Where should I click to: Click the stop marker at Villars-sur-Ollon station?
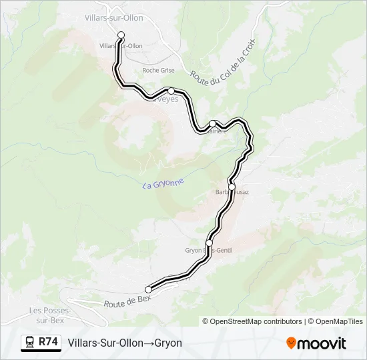tap(121, 35)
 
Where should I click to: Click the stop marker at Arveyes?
tap(171, 91)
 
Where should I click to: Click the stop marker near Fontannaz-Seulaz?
tap(213, 123)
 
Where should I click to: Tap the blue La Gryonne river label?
tap(162, 183)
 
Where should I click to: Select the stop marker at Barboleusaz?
tap(232, 187)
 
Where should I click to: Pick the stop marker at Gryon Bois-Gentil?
tap(210, 242)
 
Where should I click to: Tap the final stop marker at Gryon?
tap(148, 289)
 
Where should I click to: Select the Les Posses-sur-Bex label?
tap(49, 315)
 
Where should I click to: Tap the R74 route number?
tap(49, 342)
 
